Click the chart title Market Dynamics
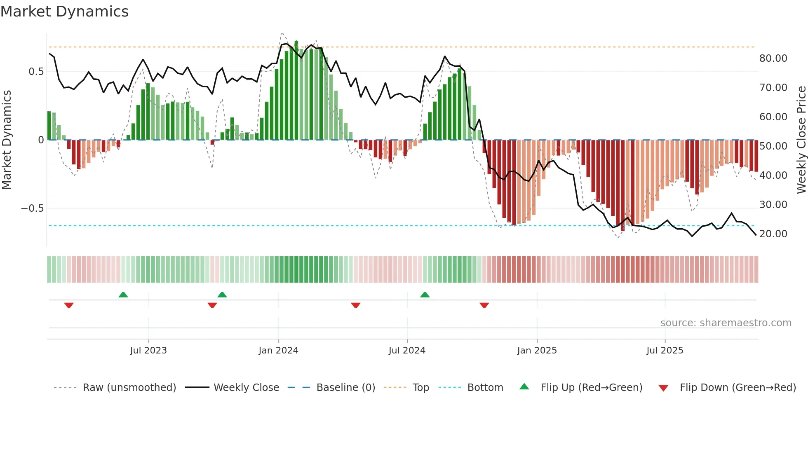tap(64, 12)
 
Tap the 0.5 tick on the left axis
tap(36, 72)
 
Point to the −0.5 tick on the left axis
tap(32, 208)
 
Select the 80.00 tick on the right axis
tap(773, 59)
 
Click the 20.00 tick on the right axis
tap(773, 234)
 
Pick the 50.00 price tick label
tap(773, 146)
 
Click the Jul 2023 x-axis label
tap(148, 351)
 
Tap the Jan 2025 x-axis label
tap(537, 351)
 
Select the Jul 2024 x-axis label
tap(407, 351)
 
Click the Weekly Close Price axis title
tap(801, 140)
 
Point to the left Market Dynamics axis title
tap(7, 140)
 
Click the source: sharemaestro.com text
tap(726, 323)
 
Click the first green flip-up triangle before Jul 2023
tap(123, 295)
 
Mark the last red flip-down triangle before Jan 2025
tap(484, 305)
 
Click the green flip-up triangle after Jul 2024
tap(425, 295)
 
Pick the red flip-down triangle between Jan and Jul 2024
tap(356, 305)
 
